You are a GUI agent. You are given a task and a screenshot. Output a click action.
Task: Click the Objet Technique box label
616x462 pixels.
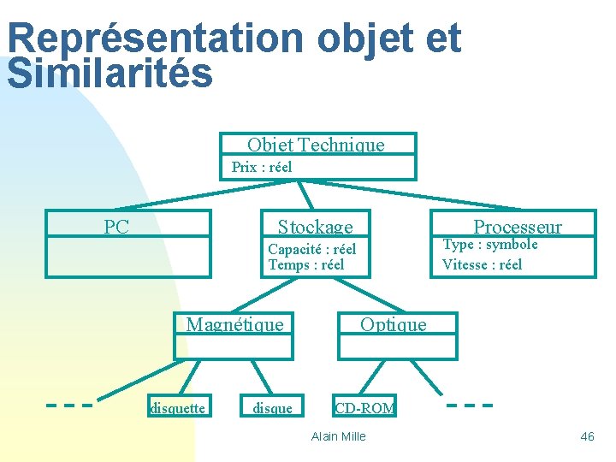[x=316, y=145]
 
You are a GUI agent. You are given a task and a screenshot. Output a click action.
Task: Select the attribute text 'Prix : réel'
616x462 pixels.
[x=262, y=167]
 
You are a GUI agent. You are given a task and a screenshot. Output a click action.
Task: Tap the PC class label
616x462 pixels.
[x=116, y=227]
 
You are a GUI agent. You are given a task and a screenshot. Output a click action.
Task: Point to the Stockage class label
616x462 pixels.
[x=315, y=227]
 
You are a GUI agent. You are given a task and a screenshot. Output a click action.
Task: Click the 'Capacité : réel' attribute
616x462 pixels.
[x=311, y=249]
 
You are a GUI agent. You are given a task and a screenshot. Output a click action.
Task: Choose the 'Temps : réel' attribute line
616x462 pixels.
[x=305, y=264]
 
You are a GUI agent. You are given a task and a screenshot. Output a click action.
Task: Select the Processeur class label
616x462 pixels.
[x=518, y=227]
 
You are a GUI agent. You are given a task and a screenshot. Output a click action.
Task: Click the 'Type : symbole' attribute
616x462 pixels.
[x=489, y=245]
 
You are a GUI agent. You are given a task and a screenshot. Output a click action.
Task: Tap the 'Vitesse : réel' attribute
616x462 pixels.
[x=482, y=264]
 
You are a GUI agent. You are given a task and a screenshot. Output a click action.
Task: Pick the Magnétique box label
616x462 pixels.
[x=234, y=324]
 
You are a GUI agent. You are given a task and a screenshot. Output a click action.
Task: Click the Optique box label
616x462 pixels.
[x=393, y=324]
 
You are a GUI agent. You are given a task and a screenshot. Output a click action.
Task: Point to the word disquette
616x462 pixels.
[x=177, y=408]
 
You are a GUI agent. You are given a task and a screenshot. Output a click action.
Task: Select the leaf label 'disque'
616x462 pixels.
[x=272, y=408]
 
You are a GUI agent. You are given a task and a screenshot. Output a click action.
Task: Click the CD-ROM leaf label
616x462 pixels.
[x=364, y=408]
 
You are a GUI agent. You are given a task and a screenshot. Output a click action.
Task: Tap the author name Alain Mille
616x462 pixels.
[x=339, y=436]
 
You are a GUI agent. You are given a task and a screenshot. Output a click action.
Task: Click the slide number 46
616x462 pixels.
[x=587, y=436]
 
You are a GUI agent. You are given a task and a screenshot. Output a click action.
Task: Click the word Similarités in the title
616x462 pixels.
[x=110, y=74]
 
